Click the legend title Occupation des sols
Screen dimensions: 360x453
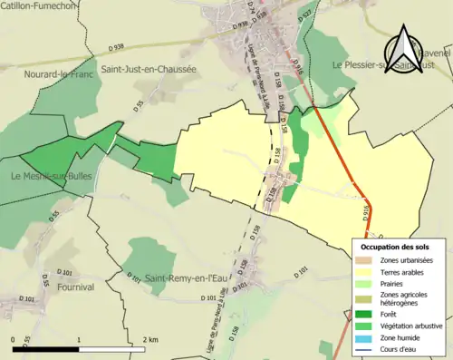pos(398,247)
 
